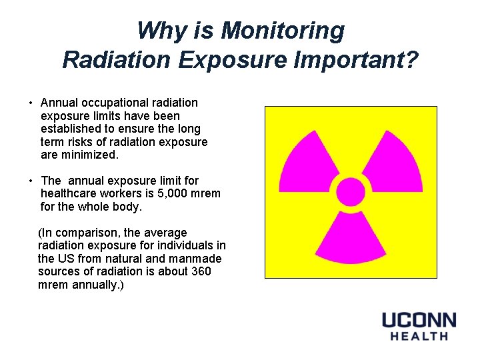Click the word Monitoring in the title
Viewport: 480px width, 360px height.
(283, 31)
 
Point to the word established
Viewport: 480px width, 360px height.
(71, 129)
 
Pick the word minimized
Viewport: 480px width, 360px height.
(91, 155)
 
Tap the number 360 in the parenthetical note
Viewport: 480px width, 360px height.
(201, 271)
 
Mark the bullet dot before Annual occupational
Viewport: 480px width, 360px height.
(31, 103)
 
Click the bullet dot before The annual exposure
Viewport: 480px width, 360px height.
(31, 181)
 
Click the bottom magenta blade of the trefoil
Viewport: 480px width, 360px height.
(351, 240)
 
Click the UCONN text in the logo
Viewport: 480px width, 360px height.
(418, 320)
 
